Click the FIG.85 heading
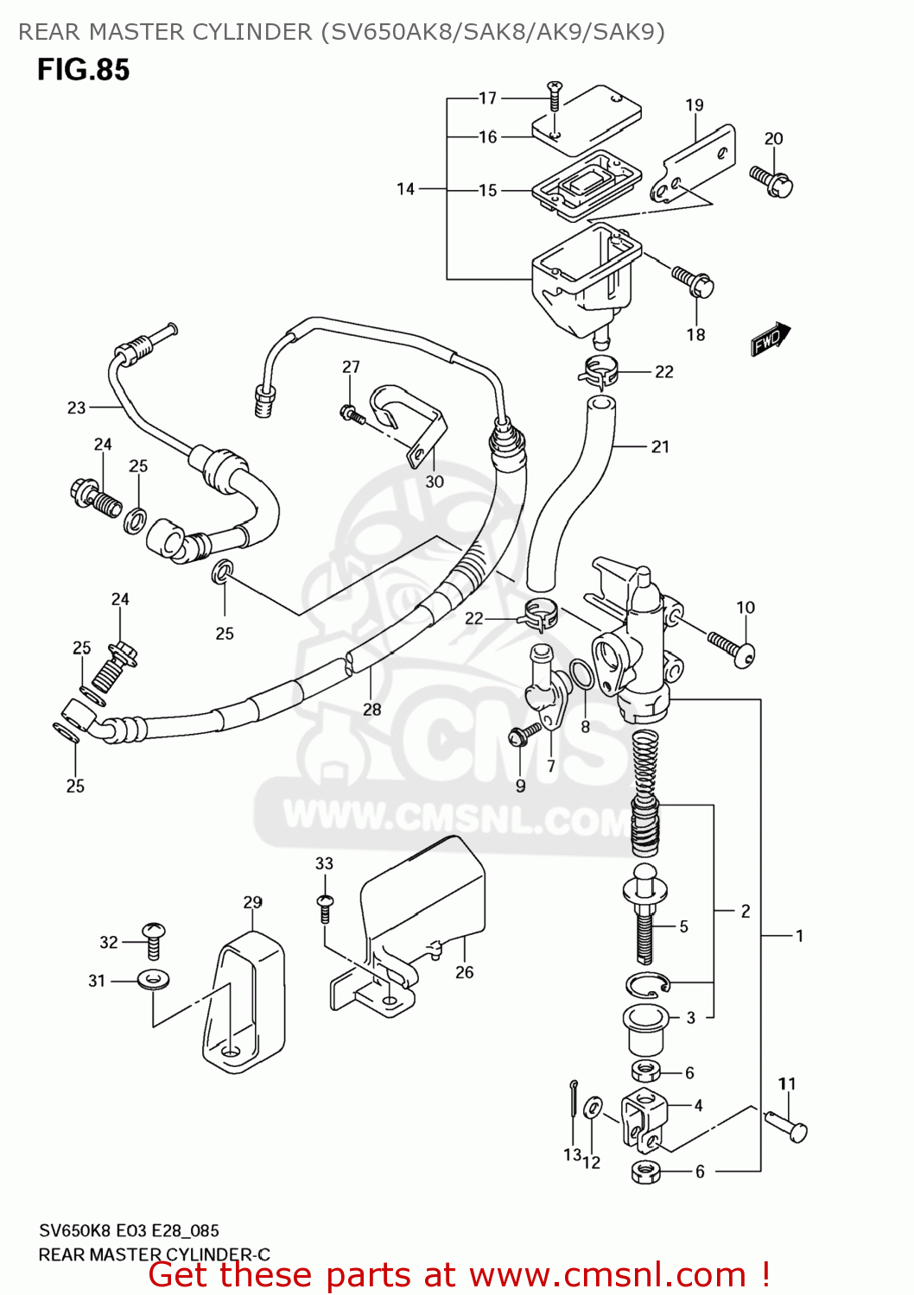click(x=83, y=70)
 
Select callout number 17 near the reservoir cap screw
click(x=488, y=98)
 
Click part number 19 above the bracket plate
click(x=695, y=105)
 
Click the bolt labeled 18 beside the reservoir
click(x=694, y=281)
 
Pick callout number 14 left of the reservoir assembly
click(x=406, y=189)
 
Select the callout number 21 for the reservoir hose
click(x=660, y=447)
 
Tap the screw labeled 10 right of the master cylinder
click(x=732, y=648)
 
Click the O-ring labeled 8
click(x=582, y=674)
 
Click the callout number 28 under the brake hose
click(x=371, y=710)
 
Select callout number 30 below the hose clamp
click(x=435, y=482)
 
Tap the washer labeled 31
click(x=154, y=980)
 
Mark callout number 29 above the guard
click(x=252, y=902)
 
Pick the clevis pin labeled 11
click(x=786, y=1125)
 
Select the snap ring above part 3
click(x=648, y=983)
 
